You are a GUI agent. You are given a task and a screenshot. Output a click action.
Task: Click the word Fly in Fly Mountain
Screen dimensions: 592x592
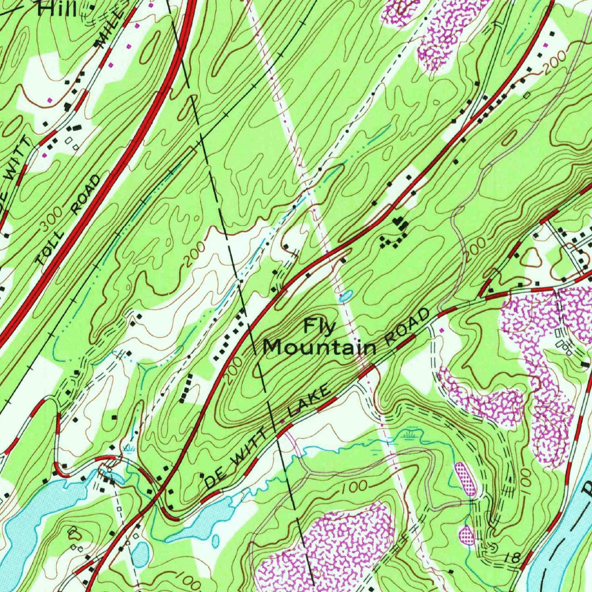click(320, 328)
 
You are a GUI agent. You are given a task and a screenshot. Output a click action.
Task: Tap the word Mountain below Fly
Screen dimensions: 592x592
click(319, 347)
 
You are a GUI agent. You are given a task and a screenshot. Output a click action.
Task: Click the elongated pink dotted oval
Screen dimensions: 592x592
click(465, 479)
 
